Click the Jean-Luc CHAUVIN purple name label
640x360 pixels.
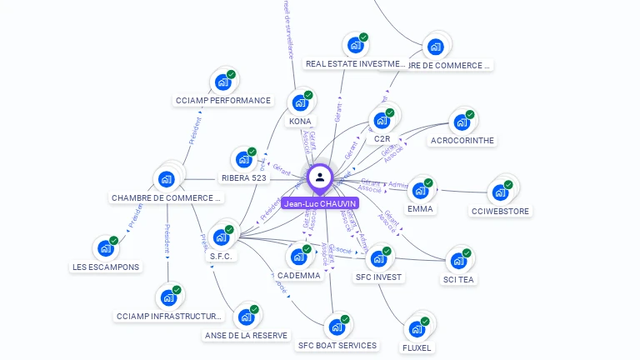point(320,203)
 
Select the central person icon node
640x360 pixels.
point(320,177)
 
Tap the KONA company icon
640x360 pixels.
point(299,103)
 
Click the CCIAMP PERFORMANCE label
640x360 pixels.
point(223,101)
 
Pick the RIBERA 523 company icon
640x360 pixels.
point(243,159)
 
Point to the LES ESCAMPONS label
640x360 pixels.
point(106,267)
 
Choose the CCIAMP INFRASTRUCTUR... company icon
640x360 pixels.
point(169,297)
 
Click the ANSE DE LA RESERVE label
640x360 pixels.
point(246,336)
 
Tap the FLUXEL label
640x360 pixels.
point(417,347)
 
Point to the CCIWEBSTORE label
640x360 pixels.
point(500,212)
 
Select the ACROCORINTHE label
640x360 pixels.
point(462,141)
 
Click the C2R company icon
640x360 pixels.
point(382,120)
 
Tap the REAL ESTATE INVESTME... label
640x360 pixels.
point(355,64)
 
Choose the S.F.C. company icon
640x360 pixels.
point(222,237)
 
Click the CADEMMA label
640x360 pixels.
point(298,276)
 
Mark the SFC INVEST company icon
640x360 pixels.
point(378,258)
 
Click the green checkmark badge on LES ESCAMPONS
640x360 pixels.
point(114,241)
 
